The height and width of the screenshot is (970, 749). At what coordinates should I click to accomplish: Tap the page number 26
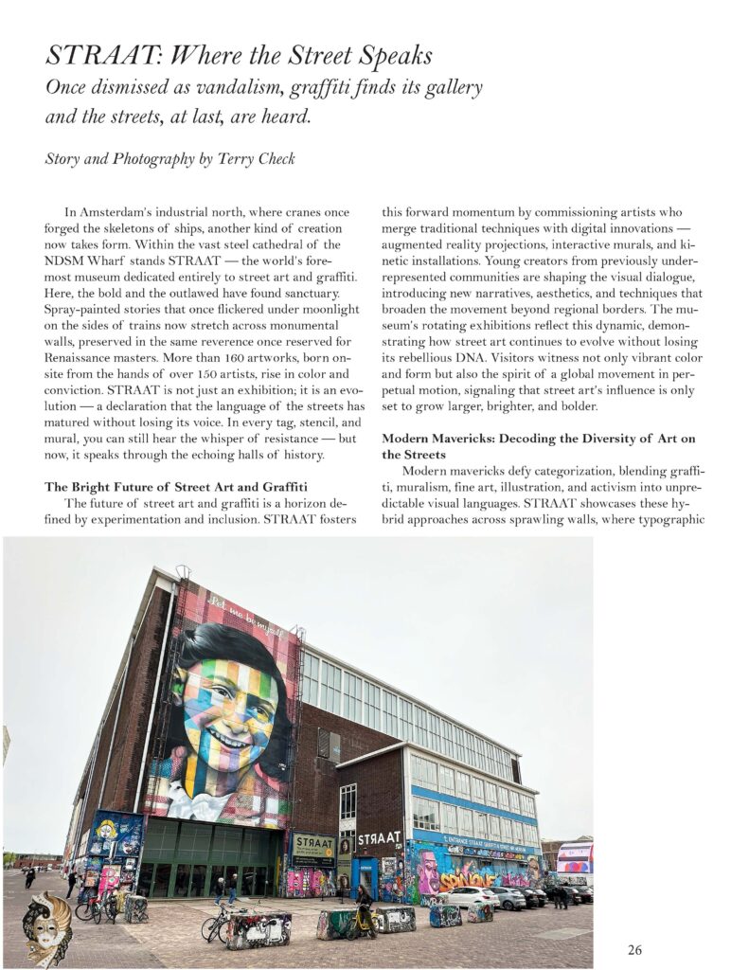634,950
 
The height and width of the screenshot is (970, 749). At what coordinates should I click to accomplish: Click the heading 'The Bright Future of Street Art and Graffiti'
180,488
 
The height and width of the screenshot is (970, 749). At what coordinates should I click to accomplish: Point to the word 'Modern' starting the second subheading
408,438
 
